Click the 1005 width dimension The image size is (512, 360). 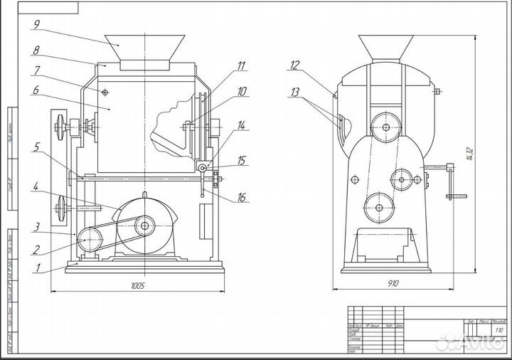[x=138, y=286]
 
